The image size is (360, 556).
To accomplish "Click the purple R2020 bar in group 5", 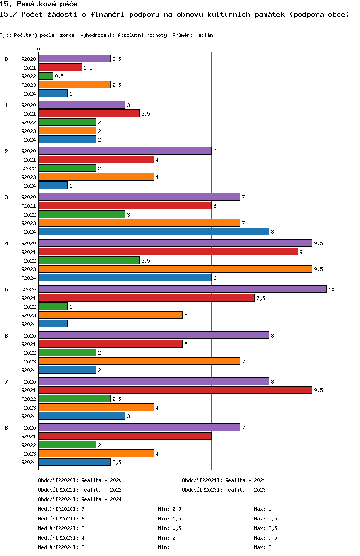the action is [183, 290].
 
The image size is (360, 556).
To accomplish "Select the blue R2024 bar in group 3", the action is [154, 232].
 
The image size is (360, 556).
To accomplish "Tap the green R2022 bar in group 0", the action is [46, 76].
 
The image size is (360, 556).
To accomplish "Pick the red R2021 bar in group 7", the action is [176, 390].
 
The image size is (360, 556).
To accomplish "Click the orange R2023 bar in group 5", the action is [111, 315].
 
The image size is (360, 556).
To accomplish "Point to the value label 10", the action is [331, 290].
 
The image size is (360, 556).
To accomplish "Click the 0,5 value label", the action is [59, 77].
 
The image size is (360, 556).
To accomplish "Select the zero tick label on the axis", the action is [38, 49].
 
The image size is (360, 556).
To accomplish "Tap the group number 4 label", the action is [6, 243].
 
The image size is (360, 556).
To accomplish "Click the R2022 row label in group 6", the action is [28, 353].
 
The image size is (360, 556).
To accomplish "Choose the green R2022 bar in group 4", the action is [89, 261].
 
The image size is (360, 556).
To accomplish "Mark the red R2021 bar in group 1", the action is [89, 114].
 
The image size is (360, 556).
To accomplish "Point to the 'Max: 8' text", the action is [263, 547].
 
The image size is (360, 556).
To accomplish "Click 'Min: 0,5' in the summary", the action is [170, 528].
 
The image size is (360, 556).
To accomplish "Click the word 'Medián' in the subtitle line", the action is [204, 35].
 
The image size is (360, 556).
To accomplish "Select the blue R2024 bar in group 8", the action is [75, 462].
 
